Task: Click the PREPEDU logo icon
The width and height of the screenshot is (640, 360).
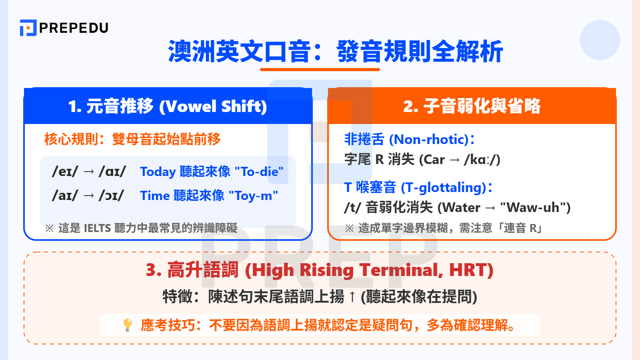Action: point(28,28)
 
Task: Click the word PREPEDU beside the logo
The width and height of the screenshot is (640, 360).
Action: point(74,28)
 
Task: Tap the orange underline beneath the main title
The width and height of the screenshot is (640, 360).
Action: point(320,70)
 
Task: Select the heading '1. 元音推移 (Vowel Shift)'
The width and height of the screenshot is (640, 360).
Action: point(168,106)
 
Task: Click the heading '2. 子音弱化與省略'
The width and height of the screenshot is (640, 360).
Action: point(472,106)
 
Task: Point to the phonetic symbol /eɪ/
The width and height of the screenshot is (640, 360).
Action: point(65,172)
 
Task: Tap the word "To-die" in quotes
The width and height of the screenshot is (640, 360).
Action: point(259,172)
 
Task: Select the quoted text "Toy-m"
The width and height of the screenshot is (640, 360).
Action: point(253,196)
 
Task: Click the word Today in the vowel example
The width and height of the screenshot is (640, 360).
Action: point(158,172)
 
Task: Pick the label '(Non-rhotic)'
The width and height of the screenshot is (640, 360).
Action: point(429,140)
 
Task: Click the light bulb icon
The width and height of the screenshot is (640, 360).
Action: point(128,324)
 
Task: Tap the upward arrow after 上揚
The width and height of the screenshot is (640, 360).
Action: point(352,297)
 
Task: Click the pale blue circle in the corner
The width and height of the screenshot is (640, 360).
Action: point(600,40)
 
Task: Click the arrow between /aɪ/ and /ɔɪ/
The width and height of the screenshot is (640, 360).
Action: point(89,196)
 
